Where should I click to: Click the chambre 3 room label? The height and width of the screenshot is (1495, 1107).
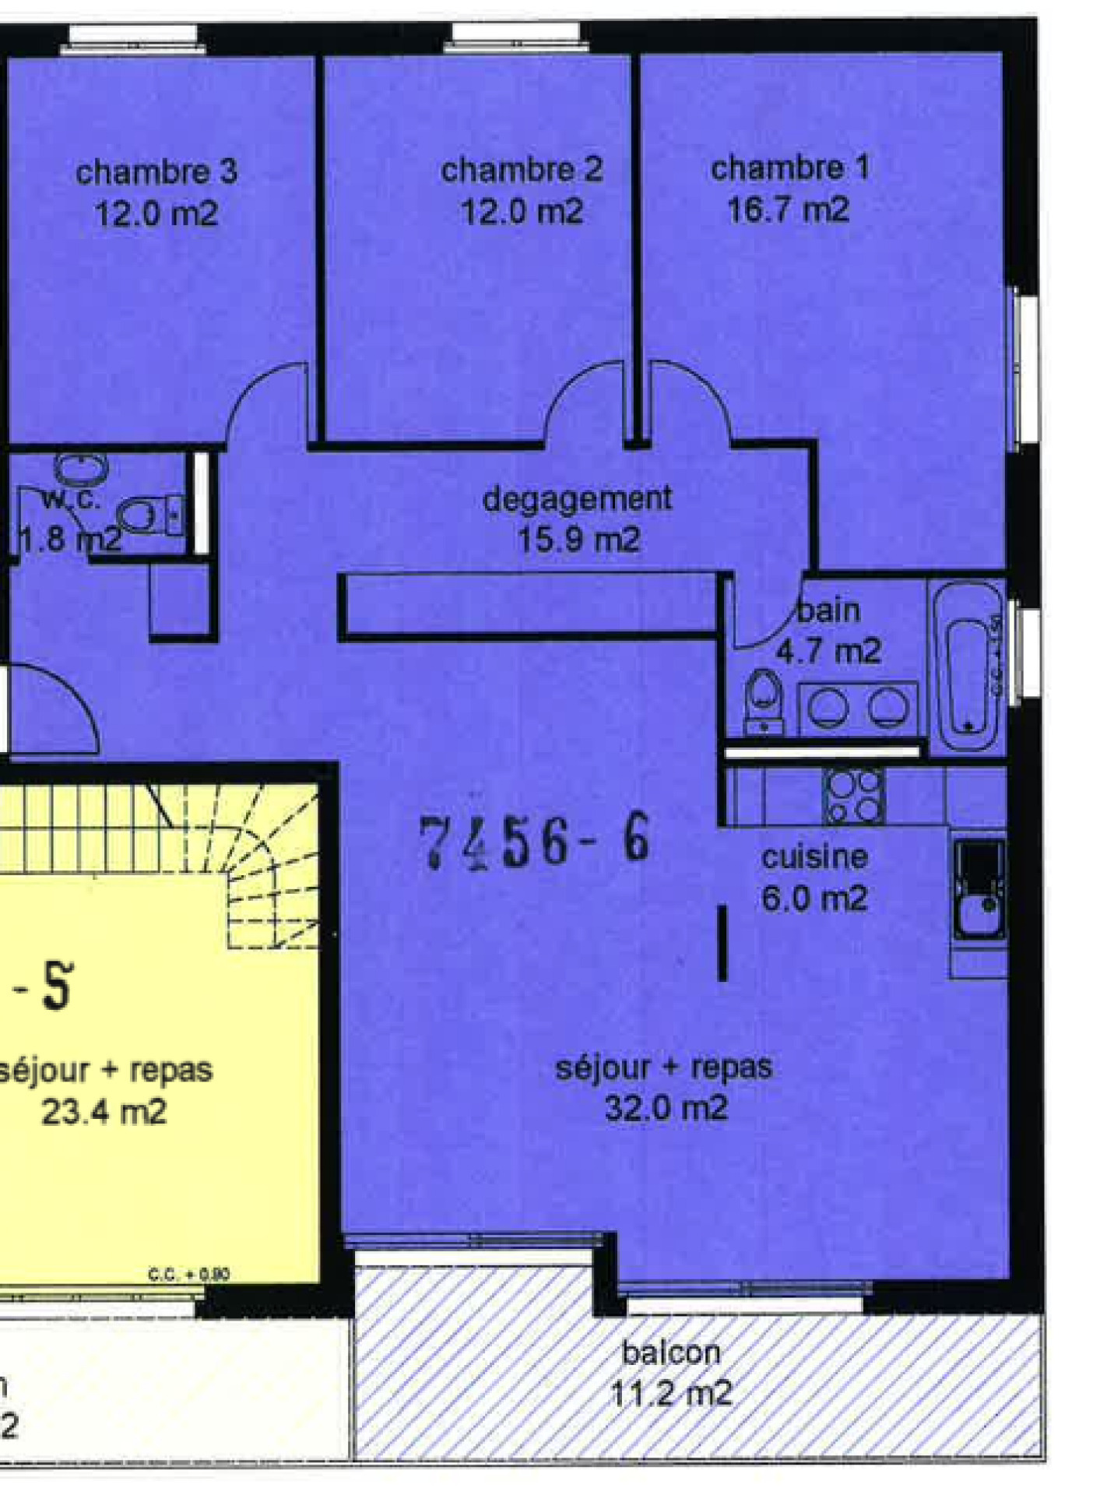(x=156, y=172)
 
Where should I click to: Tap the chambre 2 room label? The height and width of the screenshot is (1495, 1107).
(x=522, y=171)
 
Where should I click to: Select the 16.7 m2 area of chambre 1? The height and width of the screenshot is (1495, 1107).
(x=788, y=210)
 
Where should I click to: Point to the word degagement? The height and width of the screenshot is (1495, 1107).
(x=577, y=499)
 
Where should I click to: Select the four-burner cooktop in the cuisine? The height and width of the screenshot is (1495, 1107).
(x=853, y=795)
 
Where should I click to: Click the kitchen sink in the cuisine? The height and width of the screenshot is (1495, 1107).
(x=979, y=890)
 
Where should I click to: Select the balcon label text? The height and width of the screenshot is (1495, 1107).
(x=671, y=1353)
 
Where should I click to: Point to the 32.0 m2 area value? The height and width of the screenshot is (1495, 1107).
(x=666, y=1108)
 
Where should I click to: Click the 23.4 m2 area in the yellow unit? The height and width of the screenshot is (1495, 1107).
(x=104, y=1111)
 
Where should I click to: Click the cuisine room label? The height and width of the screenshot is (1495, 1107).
(x=814, y=857)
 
